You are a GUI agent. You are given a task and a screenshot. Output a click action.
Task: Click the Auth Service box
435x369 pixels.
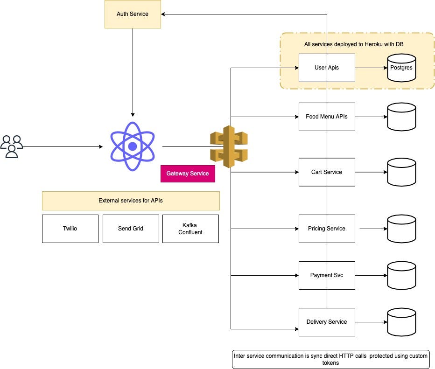[133, 14]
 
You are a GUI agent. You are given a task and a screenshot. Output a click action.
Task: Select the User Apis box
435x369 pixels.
[327, 68]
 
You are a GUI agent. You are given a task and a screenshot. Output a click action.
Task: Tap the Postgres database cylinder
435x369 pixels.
[401, 68]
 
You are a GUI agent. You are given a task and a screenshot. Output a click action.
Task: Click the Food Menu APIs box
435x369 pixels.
[327, 117]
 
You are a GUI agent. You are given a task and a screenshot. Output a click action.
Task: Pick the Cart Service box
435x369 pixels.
[327, 172]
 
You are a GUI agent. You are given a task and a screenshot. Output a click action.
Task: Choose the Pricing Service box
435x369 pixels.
[327, 229]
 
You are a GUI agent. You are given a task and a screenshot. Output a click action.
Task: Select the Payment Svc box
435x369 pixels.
[327, 275]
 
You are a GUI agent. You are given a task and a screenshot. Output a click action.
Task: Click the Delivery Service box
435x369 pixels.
[327, 322]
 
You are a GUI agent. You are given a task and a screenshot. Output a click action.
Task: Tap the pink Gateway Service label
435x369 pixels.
[188, 174]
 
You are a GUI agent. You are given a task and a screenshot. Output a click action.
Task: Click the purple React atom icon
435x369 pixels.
[133, 146]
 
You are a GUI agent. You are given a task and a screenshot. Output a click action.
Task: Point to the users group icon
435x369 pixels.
[12, 146]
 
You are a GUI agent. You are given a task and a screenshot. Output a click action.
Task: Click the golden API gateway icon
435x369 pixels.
[229, 146]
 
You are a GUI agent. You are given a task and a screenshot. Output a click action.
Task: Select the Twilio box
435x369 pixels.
[70, 229]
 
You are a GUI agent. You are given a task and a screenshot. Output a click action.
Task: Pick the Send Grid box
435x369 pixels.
[131, 229]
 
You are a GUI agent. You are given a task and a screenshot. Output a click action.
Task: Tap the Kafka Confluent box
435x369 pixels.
[190, 229]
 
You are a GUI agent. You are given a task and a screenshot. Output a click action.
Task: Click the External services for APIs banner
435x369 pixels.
[131, 201]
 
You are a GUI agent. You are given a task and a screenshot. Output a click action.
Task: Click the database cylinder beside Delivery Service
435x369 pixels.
[401, 322]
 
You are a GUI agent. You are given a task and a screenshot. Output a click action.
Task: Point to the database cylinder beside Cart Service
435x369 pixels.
[401, 172]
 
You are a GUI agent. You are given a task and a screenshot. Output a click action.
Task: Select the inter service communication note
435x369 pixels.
[331, 359]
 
